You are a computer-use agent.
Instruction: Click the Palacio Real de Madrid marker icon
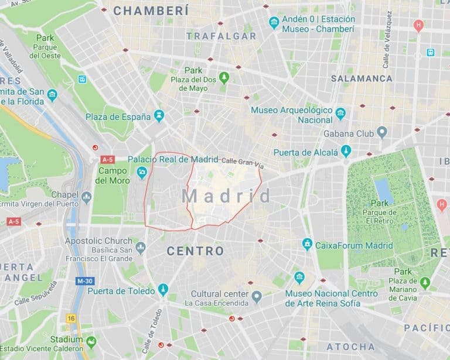coord(141,172)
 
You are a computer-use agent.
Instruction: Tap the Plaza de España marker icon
coord(159,116)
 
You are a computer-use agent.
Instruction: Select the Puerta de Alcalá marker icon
coord(346,152)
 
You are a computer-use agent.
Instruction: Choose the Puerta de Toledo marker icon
coord(163,290)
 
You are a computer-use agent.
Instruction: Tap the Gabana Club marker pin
coord(382,132)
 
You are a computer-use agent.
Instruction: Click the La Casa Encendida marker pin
coord(256,298)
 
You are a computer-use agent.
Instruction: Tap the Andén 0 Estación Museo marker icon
coord(274,23)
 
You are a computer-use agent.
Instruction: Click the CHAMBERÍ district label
coord(151,11)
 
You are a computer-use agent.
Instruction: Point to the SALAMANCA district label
coord(362,78)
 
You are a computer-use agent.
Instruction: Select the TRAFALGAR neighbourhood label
coord(221,36)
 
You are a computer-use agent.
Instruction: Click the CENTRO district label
coord(195,251)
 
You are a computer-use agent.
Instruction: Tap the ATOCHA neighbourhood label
coord(351,347)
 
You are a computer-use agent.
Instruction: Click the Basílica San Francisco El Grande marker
coord(140,248)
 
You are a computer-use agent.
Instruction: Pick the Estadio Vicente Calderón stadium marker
coord(91,342)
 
